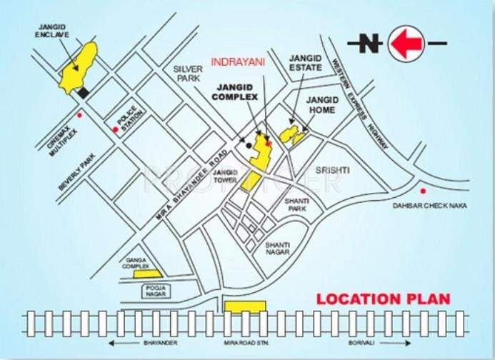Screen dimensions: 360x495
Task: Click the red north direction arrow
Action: pos(408,44)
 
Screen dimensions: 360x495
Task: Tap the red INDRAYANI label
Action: pos(238,63)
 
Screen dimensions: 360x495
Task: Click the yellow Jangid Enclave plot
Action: pos(80,67)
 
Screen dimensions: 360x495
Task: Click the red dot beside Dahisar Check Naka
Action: pos(424,191)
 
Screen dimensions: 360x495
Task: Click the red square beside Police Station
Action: pos(115,129)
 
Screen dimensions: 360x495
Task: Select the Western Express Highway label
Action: pos(360,96)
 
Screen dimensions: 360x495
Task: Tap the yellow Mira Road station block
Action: pos(245,306)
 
